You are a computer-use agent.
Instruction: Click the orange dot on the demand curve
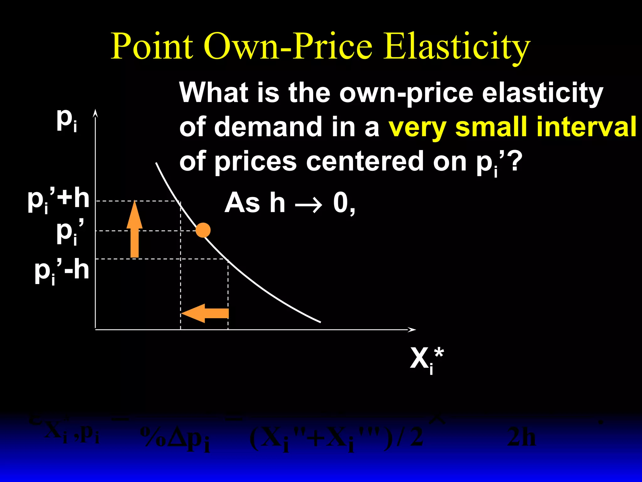[x=203, y=230]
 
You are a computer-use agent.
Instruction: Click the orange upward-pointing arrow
[x=134, y=229]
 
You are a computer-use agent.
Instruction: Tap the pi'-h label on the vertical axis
[x=62, y=271]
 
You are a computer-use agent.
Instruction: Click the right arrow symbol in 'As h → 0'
[x=308, y=204]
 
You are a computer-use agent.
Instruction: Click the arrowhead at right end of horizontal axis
[x=412, y=329]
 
